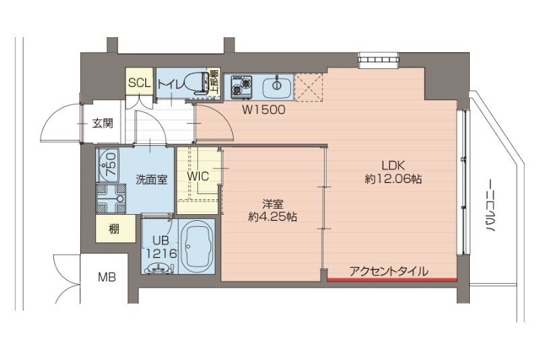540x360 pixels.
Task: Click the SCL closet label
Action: click(139, 84)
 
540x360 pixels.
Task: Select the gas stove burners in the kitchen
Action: click(240, 86)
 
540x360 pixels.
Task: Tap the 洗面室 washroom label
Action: click(151, 180)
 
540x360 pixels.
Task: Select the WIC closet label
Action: click(198, 176)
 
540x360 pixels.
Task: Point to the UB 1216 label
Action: click(160, 247)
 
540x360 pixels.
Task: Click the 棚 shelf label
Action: click(113, 229)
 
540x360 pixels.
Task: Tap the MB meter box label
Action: click(106, 276)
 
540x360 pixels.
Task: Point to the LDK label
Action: click(393, 165)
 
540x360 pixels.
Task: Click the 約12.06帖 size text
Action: click(394, 179)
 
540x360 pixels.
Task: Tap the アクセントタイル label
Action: click(388, 272)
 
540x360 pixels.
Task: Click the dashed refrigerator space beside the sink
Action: click(310, 86)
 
